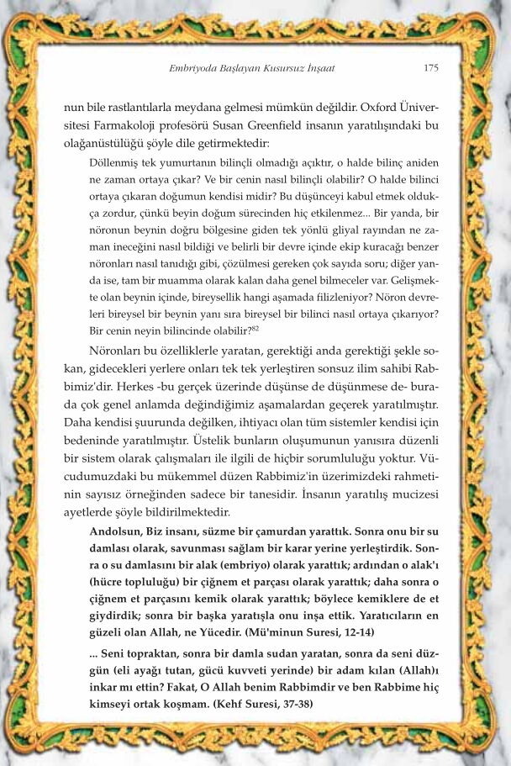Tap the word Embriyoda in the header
[192, 68]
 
